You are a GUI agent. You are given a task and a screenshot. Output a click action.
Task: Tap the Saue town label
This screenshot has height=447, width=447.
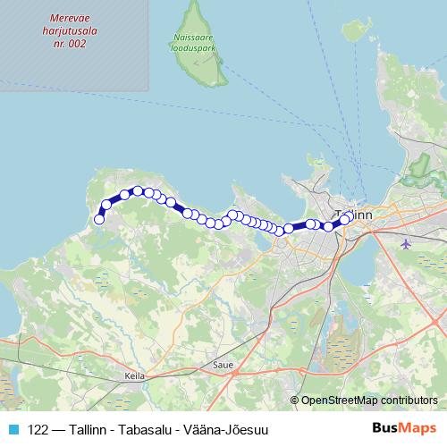tap(223, 365)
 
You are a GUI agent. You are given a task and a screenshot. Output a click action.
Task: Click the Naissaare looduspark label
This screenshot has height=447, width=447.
tap(192, 42)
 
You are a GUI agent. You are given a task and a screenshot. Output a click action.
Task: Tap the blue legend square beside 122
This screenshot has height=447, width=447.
tap(13, 430)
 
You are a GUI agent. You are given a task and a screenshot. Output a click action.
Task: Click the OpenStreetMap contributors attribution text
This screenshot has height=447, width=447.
tap(369, 401)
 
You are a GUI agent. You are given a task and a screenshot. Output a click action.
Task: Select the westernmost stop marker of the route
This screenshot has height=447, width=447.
tap(99, 218)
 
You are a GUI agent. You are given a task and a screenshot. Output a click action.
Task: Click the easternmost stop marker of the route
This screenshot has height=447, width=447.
tap(344, 219)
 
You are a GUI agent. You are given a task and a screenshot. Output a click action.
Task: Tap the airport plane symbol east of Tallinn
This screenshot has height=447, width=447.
tap(408, 243)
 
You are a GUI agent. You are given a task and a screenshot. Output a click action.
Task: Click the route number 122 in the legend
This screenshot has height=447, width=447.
tap(39, 430)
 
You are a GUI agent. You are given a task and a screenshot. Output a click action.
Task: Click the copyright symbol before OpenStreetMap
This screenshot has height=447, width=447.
tap(295, 401)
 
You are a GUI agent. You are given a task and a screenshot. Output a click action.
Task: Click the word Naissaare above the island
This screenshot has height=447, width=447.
tap(192, 37)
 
